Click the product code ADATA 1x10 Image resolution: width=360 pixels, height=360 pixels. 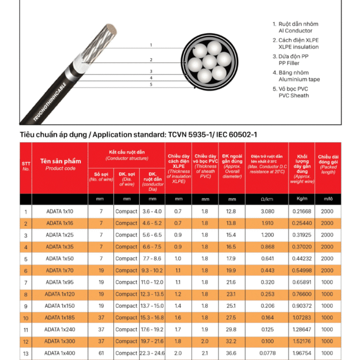59,211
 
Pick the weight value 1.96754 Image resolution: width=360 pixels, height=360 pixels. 302,353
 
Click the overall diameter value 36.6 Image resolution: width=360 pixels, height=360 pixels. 231,353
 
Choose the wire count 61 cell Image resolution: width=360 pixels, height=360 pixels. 101,353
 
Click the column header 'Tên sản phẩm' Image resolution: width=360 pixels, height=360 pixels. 59,161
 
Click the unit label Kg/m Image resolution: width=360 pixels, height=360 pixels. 302,199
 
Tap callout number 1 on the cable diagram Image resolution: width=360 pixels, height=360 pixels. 151,46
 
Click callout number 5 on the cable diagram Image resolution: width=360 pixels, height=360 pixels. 151,85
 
